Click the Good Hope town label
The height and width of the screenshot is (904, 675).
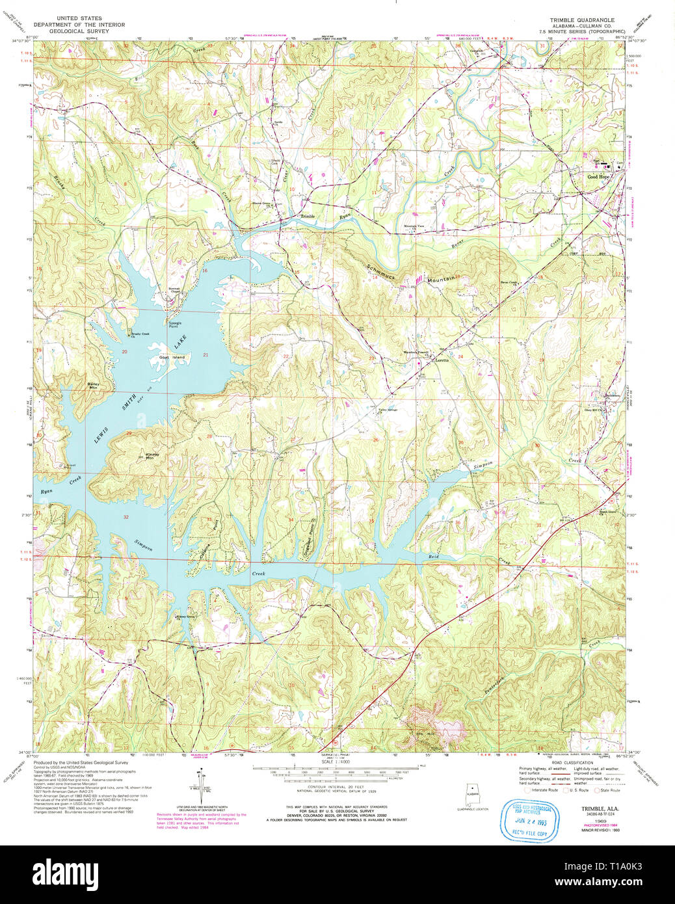[599, 177]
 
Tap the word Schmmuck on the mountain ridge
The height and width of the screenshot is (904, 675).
[380, 267]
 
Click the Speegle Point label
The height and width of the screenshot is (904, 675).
[175, 325]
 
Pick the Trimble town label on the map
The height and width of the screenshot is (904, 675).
[307, 216]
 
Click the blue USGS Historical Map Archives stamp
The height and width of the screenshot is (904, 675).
[531, 821]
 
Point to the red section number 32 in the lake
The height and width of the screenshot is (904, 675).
[126, 517]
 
